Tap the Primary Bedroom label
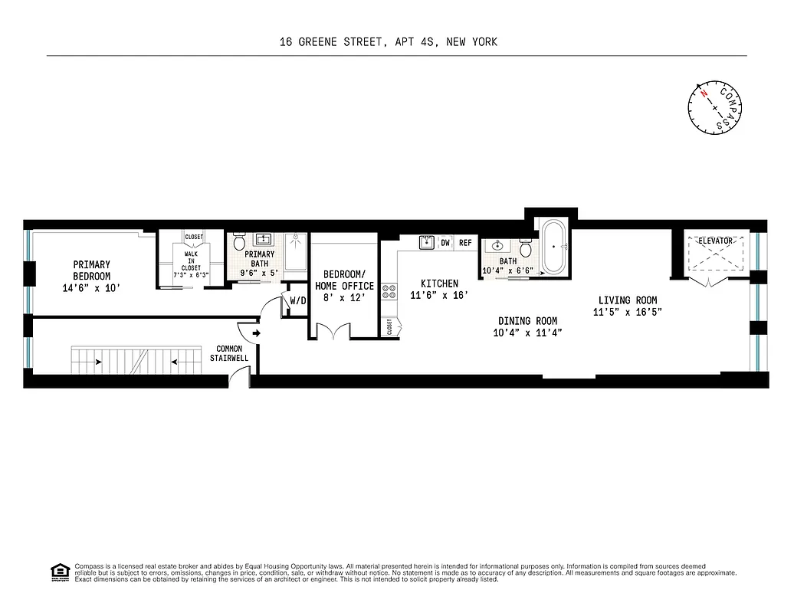[x=92, y=270]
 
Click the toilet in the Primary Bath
[x=238, y=243]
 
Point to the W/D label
[x=297, y=301]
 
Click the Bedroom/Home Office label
[x=344, y=280]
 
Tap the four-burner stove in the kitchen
[x=389, y=291]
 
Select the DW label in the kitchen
[x=445, y=243]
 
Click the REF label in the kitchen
[x=465, y=243]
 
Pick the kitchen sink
[x=427, y=243]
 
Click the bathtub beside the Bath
[x=552, y=247]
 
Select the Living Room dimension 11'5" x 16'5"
[x=626, y=312]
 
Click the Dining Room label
[x=527, y=321]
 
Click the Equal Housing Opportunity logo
[x=58, y=571]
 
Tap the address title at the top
[x=389, y=42]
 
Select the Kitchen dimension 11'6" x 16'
[x=439, y=295]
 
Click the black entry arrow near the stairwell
[x=254, y=333]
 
